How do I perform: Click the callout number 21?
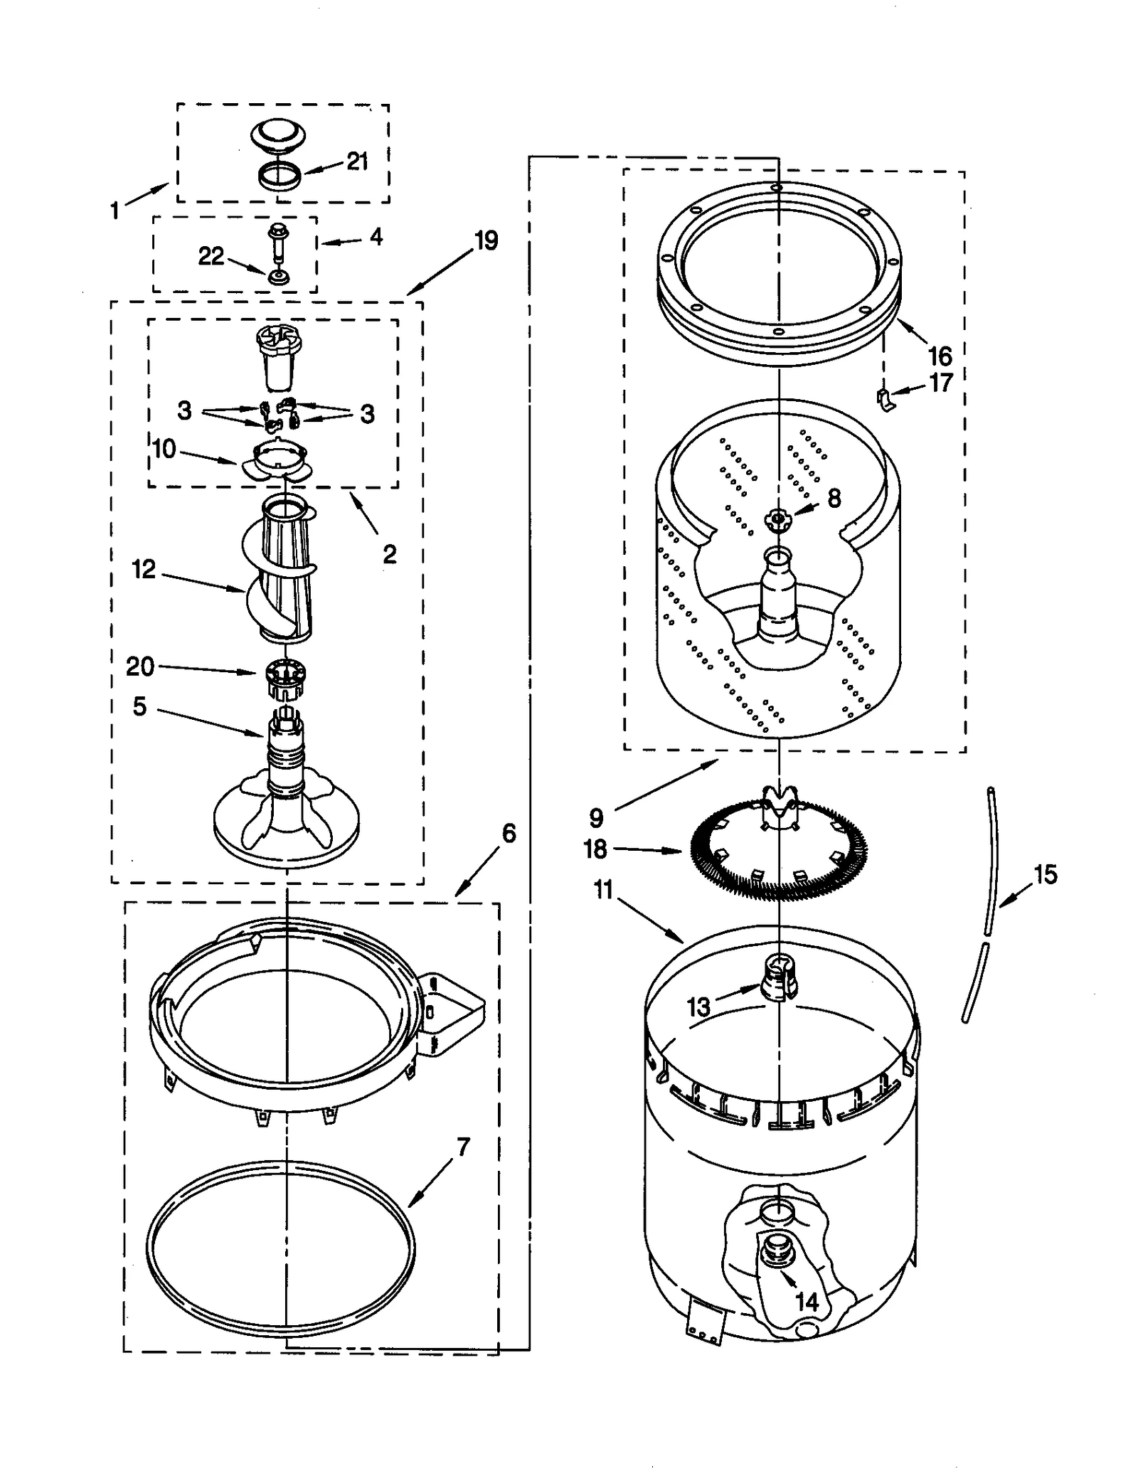(x=357, y=161)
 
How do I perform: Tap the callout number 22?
(x=211, y=256)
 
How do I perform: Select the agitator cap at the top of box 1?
(x=278, y=134)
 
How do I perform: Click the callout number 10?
(x=164, y=449)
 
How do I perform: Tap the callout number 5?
(x=139, y=706)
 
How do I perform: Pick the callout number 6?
(x=509, y=833)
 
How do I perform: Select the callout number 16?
(x=940, y=355)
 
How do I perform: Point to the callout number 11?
(x=604, y=890)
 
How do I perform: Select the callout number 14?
(x=807, y=1302)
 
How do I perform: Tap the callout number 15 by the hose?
(x=1045, y=874)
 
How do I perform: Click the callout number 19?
(x=486, y=241)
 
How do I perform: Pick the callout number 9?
(x=596, y=818)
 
